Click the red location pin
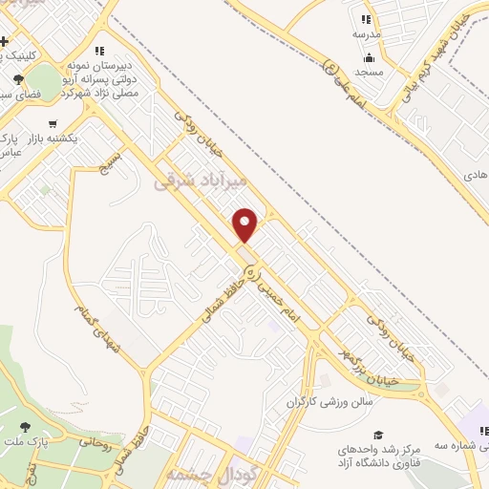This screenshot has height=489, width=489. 245,224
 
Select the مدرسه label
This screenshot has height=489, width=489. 367,33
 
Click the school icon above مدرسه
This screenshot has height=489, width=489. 366,19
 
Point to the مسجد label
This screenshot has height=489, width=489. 369,72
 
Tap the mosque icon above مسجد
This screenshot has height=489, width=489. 369,57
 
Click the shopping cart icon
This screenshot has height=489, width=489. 52,123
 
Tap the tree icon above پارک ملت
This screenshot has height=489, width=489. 25,427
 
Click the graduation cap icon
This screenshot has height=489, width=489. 379,435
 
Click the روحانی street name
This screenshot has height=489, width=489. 95,443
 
